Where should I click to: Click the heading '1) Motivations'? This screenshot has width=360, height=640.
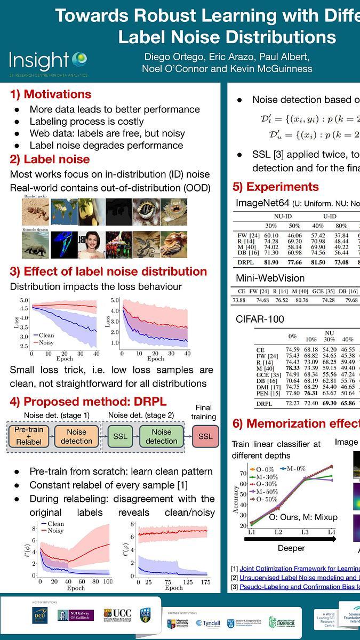pos(51,94)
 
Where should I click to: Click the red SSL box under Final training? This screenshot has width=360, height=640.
pos(205,436)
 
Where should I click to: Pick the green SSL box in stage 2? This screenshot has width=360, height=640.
pos(120,436)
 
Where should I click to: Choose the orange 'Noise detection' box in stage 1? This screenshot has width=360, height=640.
pos(76,436)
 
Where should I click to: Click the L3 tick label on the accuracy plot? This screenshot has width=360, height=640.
pos(305,532)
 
